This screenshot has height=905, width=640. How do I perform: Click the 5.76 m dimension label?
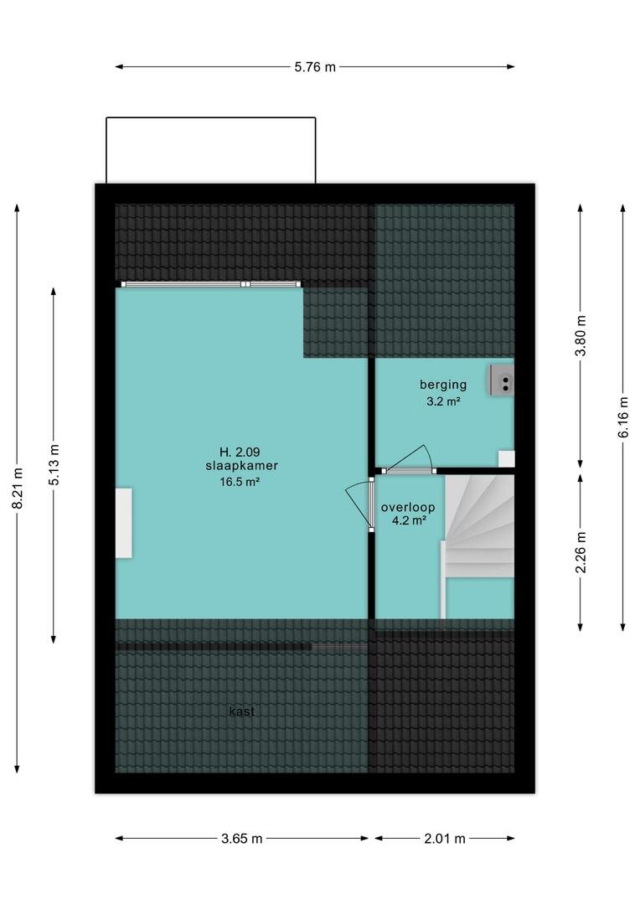click(314, 67)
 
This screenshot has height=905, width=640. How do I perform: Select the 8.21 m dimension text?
click(18, 489)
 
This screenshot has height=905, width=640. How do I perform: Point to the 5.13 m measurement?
click(54, 464)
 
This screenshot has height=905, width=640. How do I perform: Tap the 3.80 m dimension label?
click(581, 335)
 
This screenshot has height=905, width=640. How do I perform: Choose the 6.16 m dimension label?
click(623, 416)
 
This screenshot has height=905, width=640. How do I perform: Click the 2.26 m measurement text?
click(581, 552)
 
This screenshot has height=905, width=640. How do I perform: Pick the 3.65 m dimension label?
click(242, 839)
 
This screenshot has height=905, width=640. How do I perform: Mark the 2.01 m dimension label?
click(444, 839)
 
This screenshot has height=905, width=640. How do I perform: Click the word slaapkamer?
click(242, 466)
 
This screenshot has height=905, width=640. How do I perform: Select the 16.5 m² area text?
click(240, 482)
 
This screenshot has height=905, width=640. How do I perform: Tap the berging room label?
click(443, 385)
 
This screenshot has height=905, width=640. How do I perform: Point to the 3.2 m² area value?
click(443, 401)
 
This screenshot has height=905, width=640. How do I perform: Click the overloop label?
click(408, 508)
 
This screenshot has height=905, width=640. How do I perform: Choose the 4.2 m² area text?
click(409, 520)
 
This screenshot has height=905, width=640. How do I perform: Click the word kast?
click(242, 711)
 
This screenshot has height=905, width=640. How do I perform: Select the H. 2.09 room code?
click(235, 452)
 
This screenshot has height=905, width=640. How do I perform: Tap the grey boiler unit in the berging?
click(502, 380)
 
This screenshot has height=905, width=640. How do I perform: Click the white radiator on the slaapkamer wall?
click(123, 523)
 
